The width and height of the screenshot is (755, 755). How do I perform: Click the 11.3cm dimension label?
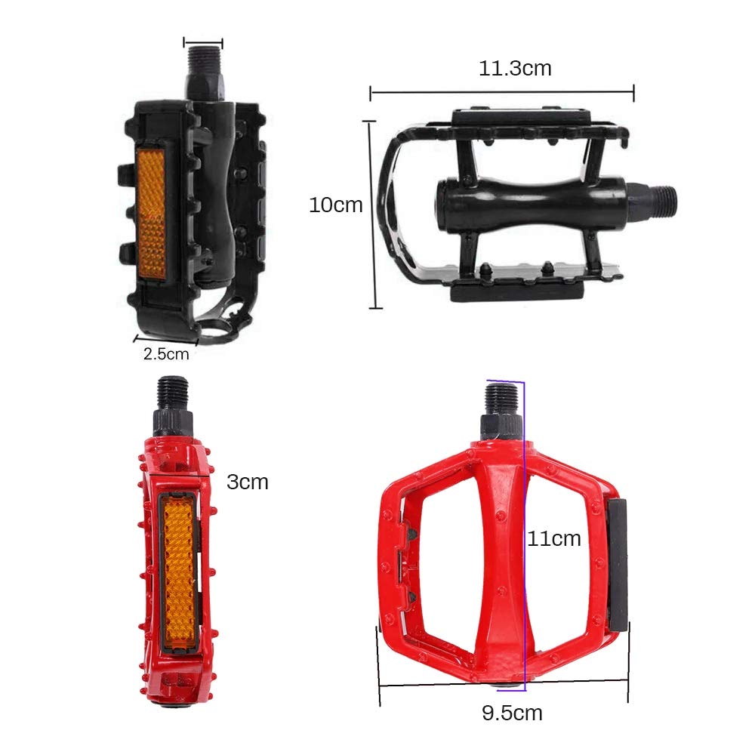click(515, 69)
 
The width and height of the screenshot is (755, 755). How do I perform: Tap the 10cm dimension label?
click(335, 205)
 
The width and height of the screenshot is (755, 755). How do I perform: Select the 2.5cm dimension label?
click(166, 353)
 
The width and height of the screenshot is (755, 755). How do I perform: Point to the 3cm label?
click(248, 482)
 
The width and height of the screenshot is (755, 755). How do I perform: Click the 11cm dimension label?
click(554, 538)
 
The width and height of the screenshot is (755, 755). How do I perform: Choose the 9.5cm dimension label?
click(512, 712)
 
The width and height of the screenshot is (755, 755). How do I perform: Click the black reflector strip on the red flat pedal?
click(618, 564)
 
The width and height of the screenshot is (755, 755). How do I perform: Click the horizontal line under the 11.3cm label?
click(501, 93)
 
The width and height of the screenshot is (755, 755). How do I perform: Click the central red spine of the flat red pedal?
click(501, 559)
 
